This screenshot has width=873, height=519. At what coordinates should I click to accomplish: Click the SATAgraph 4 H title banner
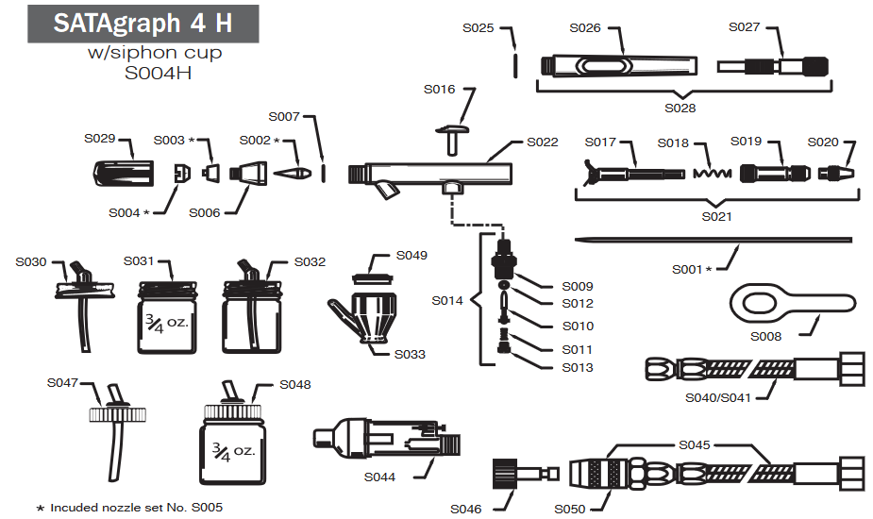pos(142,23)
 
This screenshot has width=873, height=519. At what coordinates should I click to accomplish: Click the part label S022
pos(543,142)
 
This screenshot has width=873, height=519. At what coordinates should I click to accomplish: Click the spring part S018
pos(712,175)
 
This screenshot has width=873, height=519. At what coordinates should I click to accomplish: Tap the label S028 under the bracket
pos(680,109)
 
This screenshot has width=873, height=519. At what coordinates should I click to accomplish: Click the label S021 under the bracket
pos(717,216)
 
